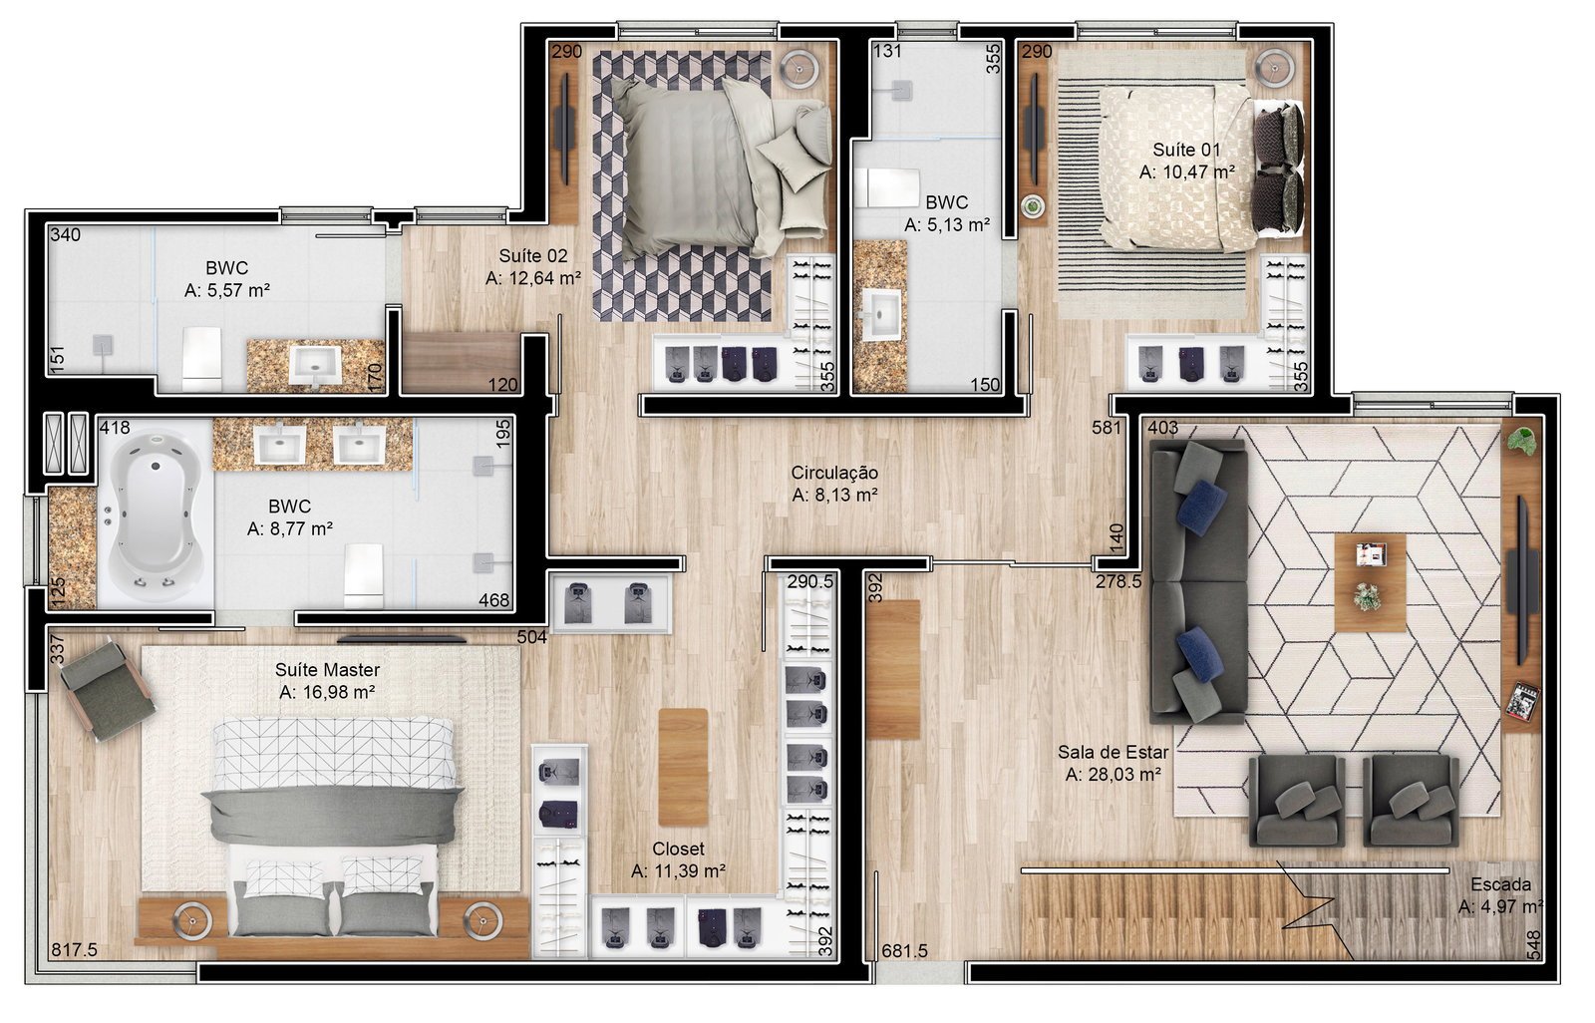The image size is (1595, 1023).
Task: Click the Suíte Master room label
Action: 328,670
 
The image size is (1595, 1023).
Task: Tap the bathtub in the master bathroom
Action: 156,512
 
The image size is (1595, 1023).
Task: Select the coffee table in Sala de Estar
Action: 1370,582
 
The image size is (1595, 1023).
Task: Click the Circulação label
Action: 834,473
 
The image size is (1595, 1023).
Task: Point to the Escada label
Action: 1501,884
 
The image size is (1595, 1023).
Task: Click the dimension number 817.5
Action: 74,949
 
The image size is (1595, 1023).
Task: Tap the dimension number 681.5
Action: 904,951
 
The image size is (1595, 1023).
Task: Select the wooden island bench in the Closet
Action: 683,768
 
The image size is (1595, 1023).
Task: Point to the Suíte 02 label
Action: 533,255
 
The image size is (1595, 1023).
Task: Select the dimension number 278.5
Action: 1117,581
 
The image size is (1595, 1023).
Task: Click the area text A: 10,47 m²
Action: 1186,172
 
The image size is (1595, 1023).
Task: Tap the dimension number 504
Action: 532,637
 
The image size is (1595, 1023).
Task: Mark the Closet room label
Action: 678,849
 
